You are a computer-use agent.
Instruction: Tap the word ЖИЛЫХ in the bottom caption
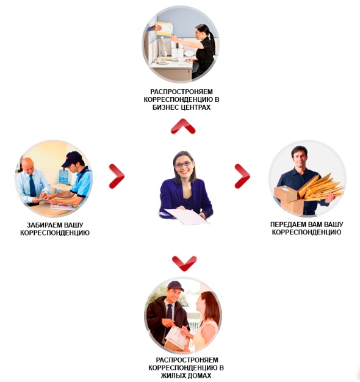[172, 375]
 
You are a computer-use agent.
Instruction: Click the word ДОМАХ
[198, 375]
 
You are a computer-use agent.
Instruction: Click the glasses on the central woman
[184, 164]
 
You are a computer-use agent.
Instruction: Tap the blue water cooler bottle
[63, 176]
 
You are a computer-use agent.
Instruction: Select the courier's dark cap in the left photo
[73, 159]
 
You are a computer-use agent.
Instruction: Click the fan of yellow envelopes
[320, 187]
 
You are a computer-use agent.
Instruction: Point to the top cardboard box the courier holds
[286, 193]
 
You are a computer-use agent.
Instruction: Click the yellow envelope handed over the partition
[164, 29]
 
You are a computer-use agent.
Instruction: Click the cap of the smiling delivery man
[175, 286]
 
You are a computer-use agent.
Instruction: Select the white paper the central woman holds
[187, 216]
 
